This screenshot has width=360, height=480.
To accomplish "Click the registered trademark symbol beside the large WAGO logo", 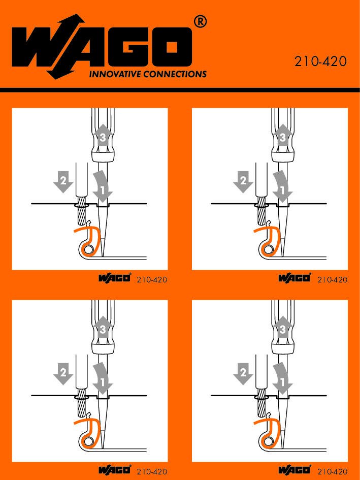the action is [x=200, y=22].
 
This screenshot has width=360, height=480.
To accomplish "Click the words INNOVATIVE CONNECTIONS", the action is [x=148, y=74].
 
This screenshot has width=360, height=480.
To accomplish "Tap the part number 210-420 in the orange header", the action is [x=320, y=61].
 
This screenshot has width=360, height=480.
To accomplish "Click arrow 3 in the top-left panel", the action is [x=103, y=135].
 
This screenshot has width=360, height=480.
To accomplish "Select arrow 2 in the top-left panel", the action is [x=63, y=181].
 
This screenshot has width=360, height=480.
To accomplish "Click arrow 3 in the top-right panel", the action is [x=283, y=135].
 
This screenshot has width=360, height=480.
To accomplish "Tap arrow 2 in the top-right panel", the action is [x=243, y=181].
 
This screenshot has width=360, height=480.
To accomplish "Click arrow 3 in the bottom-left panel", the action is [x=103, y=327].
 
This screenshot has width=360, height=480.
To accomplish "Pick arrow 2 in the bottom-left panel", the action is [x=63, y=373].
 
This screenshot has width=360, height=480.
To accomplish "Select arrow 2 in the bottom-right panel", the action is [x=243, y=373].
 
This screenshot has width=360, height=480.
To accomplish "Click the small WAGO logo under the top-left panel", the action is [x=115, y=278].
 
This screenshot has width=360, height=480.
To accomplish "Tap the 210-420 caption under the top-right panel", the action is [x=332, y=279].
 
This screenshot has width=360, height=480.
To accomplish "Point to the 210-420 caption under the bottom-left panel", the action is [x=152, y=471].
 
